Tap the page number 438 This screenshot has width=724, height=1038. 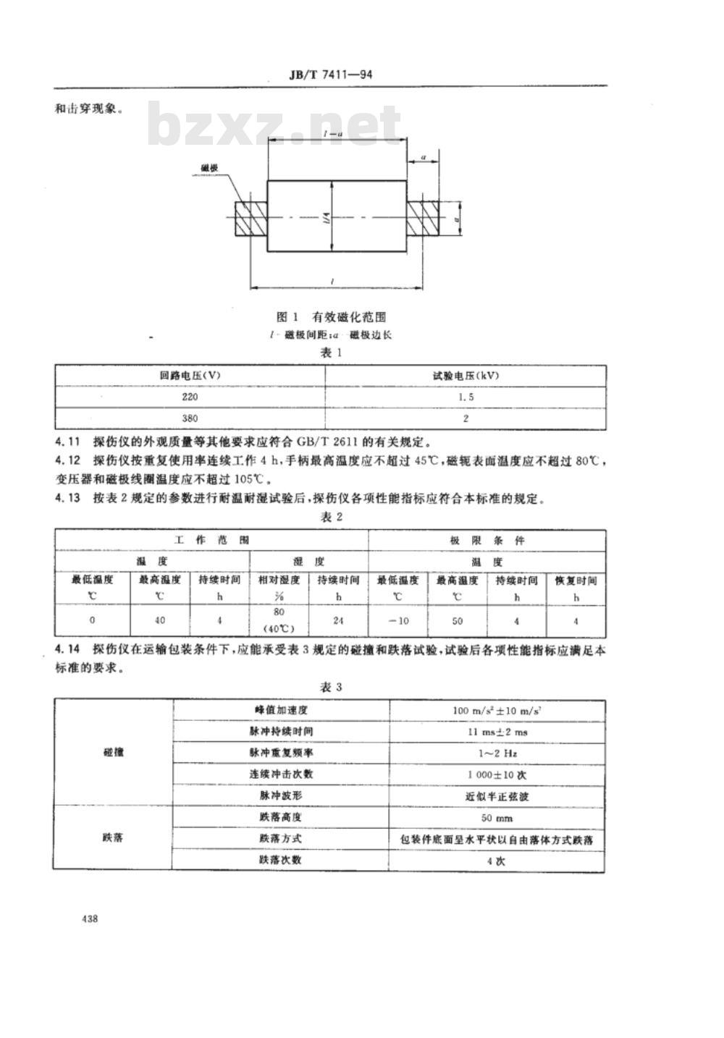click(x=90, y=919)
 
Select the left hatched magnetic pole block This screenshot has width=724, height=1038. click(x=251, y=218)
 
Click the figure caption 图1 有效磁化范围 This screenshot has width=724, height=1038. click(x=331, y=316)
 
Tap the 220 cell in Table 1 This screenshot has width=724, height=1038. click(x=190, y=397)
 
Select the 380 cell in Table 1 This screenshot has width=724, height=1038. click(x=190, y=418)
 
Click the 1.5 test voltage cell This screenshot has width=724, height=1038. click(x=466, y=397)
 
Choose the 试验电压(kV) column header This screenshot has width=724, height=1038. click(x=466, y=376)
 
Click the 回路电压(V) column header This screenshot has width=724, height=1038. click(x=190, y=376)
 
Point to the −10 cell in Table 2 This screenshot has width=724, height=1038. click(x=397, y=621)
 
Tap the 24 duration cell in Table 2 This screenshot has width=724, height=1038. click(x=338, y=621)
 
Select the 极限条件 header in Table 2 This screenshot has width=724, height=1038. click(x=487, y=541)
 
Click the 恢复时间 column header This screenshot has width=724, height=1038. click(x=576, y=581)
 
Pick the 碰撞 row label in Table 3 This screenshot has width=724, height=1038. click(x=113, y=753)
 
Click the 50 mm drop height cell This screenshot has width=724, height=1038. click(x=497, y=818)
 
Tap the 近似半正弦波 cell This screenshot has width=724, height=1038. click(x=497, y=796)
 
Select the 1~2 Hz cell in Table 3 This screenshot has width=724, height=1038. click(x=497, y=753)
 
